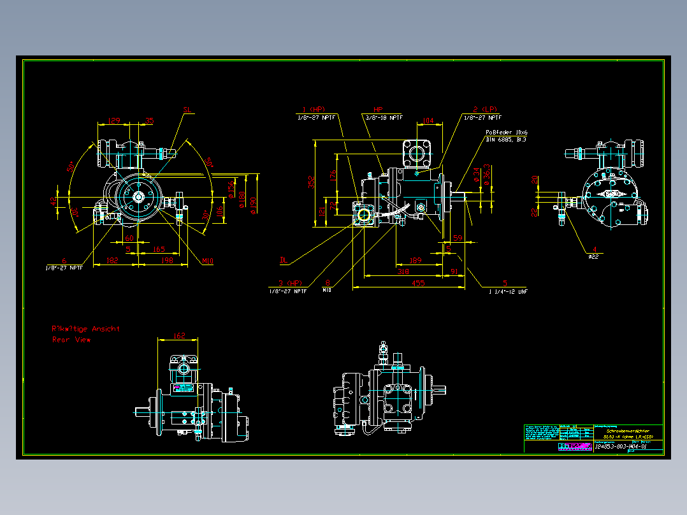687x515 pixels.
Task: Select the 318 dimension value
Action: (403, 271)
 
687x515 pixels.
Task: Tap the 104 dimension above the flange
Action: (428, 120)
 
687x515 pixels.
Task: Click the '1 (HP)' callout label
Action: (314, 109)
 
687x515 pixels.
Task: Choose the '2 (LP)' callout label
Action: (484, 109)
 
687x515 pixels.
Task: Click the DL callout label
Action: (284, 259)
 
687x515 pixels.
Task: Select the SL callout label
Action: (187, 110)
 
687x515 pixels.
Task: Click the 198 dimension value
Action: (168, 259)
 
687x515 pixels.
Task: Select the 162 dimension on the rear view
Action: (179, 335)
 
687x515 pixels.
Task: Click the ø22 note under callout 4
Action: (593, 256)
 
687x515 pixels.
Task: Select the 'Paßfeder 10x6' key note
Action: (507, 132)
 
